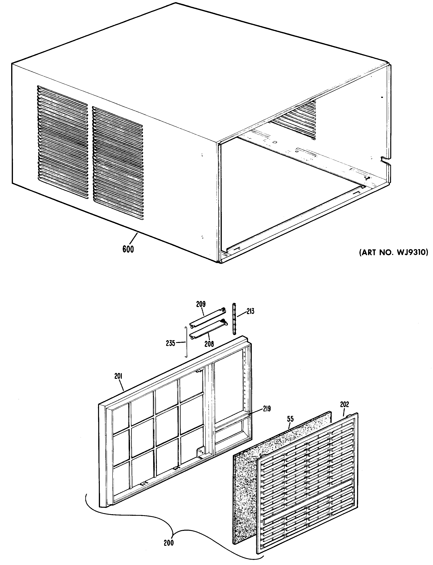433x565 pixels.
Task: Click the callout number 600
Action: tap(128, 249)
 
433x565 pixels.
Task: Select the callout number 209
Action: tap(201, 304)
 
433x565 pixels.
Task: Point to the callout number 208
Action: tap(209, 344)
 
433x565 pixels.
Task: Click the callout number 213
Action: tap(250, 311)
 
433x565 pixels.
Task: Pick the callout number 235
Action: tap(171, 343)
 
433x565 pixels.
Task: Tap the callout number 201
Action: tap(118, 377)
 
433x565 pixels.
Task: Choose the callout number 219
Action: tap(267, 409)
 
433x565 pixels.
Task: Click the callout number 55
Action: tap(290, 419)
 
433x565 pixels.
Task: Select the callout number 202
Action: tap(344, 404)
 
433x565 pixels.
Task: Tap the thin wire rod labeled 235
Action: tap(186, 342)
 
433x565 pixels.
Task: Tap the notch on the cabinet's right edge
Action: tap(385, 160)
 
